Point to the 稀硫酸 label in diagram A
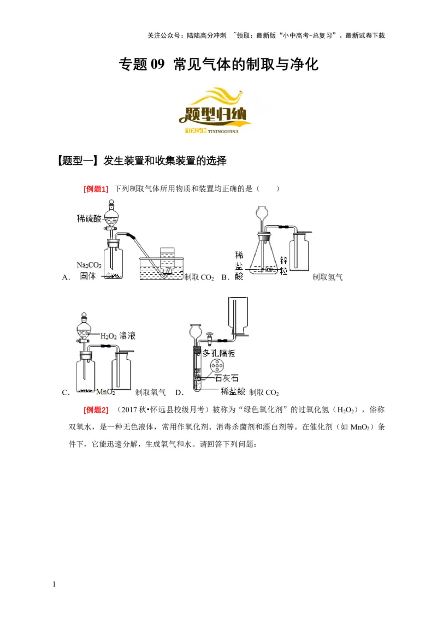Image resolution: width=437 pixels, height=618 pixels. pyautogui.click(x=90, y=218)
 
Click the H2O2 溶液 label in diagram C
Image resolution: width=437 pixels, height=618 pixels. pyautogui.click(x=118, y=336)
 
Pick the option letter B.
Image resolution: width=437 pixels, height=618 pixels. pyautogui.click(x=224, y=277)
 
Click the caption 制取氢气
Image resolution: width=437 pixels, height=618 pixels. pyautogui.click(x=327, y=277)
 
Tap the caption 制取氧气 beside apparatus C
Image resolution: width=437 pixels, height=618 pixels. pyautogui.click(x=150, y=392)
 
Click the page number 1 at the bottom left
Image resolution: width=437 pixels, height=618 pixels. pyautogui.click(x=54, y=585)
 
